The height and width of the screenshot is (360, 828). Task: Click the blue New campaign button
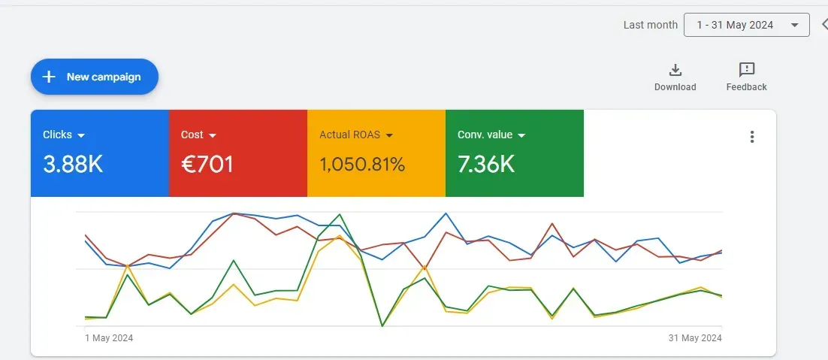point(95,77)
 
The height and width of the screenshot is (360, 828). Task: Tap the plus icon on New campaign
point(49,77)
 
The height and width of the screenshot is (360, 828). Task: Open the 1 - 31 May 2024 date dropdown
point(746,25)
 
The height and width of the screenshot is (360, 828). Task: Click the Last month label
point(650,25)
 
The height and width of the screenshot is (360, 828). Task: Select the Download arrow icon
point(675,70)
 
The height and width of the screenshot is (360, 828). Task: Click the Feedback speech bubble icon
point(746,70)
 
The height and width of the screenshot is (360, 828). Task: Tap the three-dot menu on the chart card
point(752,137)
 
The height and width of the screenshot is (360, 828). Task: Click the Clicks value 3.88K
point(73,164)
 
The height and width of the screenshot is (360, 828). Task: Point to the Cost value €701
point(207,164)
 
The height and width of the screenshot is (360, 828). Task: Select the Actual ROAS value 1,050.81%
point(362,164)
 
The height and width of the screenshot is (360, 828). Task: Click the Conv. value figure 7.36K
point(486,164)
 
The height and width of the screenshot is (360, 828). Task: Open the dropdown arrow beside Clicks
point(81,135)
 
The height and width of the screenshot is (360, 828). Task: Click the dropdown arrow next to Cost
point(213,135)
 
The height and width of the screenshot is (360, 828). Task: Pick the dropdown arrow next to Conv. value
point(521,135)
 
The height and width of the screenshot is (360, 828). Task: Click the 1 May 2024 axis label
point(109,338)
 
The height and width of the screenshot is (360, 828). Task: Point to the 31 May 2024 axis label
point(695,338)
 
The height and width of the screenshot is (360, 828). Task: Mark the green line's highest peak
point(340,214)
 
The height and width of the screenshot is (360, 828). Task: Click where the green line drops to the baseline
point(382,325)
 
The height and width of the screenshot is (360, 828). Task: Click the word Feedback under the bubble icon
point(746,87)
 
